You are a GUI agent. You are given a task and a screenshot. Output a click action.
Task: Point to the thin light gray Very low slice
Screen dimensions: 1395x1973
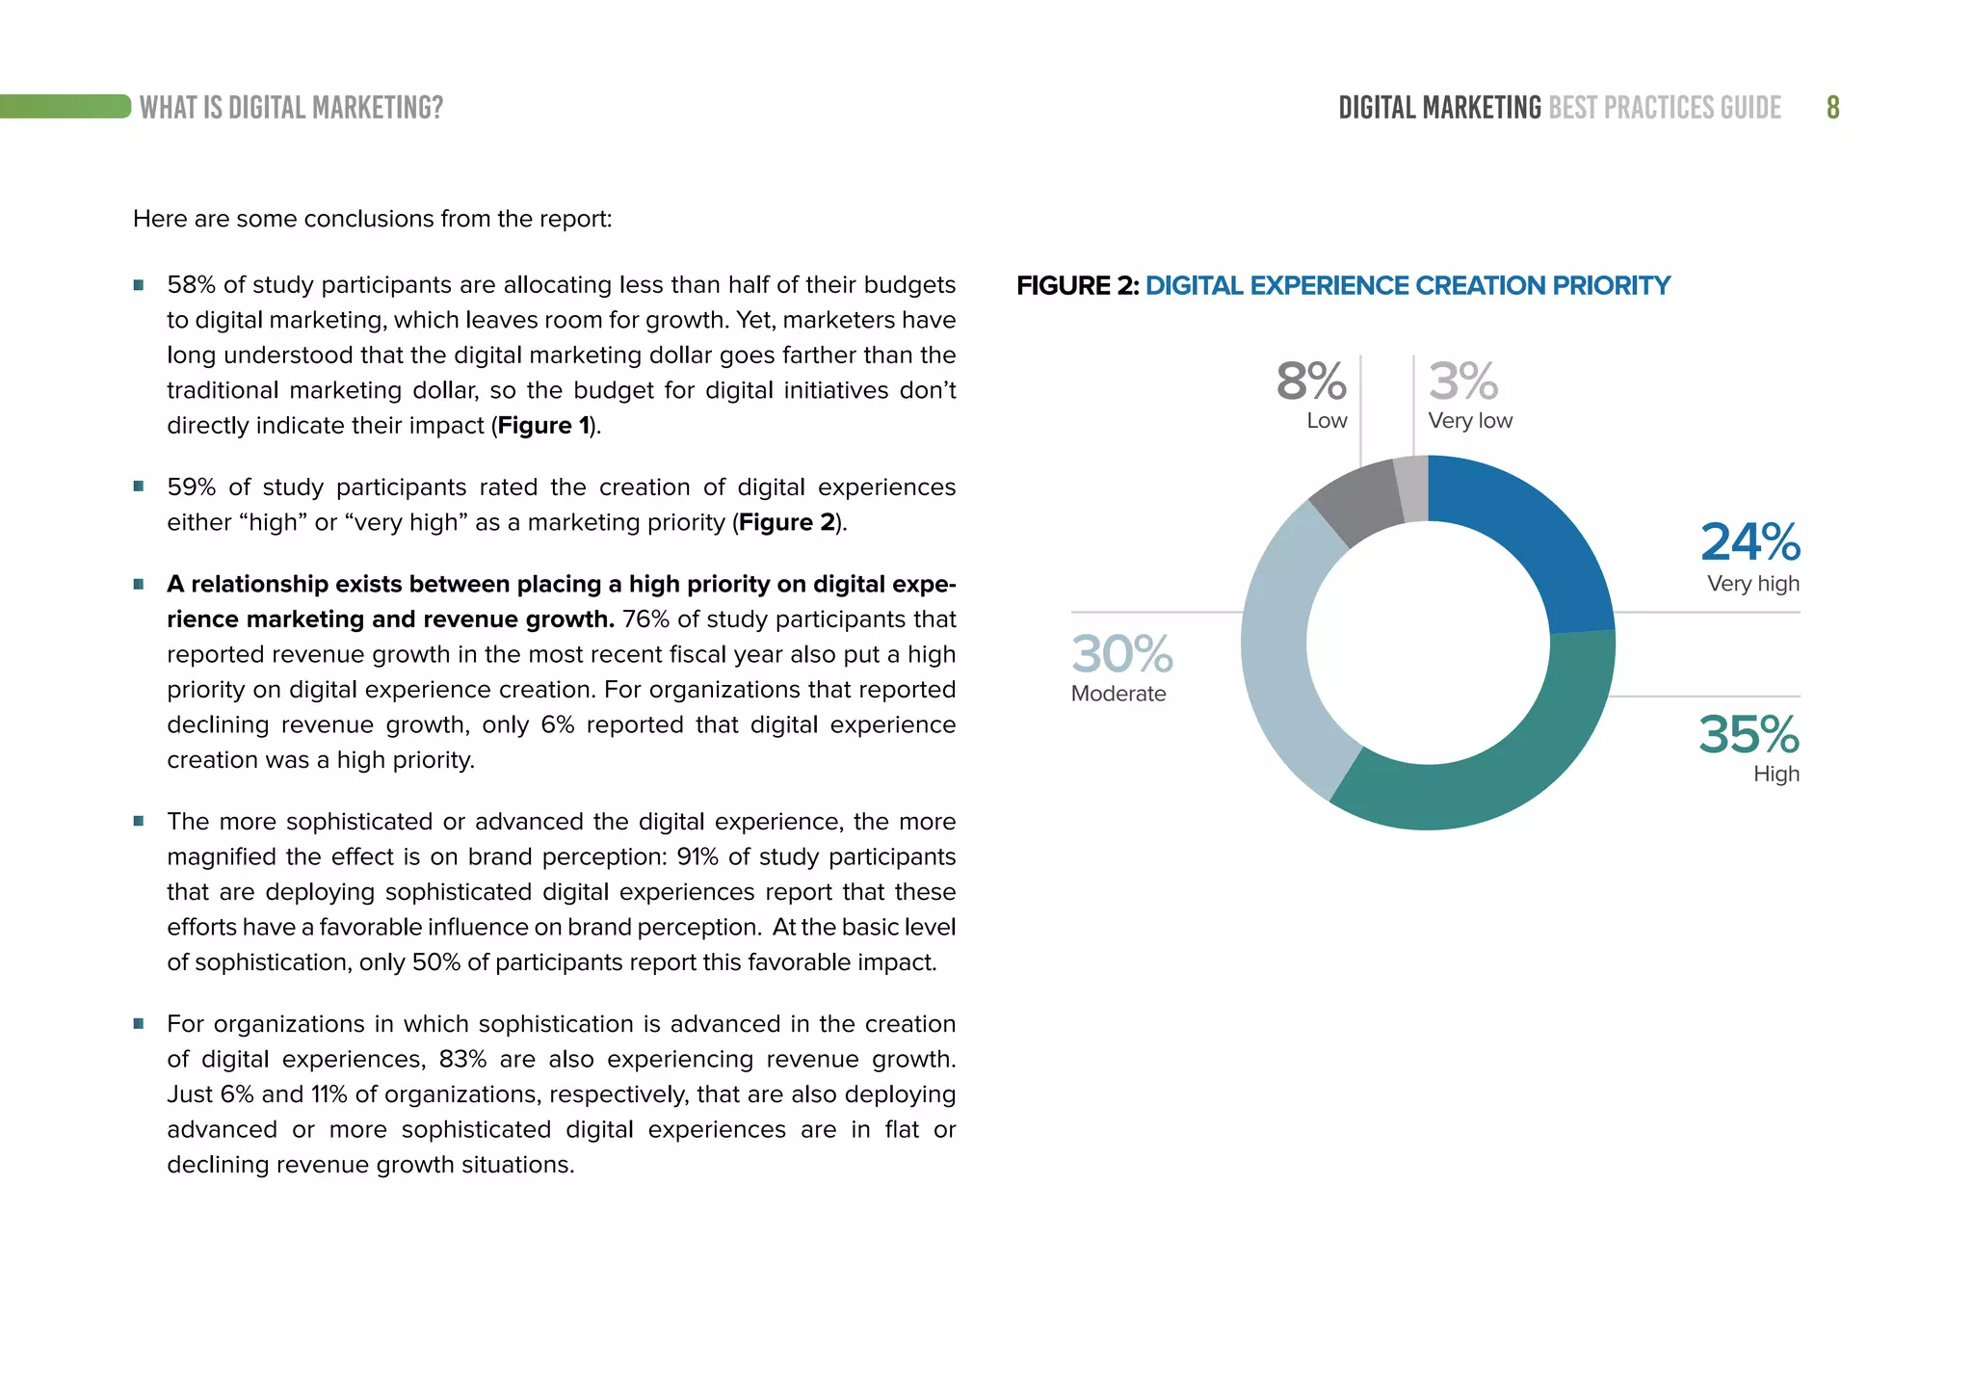(1412, 488)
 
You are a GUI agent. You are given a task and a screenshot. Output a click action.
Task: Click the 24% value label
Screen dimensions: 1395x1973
(1749, 542)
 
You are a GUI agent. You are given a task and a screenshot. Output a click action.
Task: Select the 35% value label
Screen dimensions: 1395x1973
(1749, 735)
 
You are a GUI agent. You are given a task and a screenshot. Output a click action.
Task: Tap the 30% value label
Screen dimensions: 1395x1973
(1122, 654)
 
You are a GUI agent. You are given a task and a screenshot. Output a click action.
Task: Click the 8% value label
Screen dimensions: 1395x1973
(1311, 382)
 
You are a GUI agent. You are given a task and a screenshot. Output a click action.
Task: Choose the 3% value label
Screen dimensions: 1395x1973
(1462, 382)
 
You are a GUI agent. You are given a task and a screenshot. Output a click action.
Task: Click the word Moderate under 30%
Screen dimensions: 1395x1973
(1118, 694)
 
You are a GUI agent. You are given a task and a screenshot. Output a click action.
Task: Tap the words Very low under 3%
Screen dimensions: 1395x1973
(1470, 421)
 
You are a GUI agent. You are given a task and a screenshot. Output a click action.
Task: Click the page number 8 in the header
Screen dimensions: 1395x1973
(1832, 107)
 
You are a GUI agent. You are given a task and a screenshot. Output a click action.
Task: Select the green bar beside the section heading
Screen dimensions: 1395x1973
(66, 106)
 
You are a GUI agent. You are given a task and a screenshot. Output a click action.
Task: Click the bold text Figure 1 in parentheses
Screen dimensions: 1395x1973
(543, 426)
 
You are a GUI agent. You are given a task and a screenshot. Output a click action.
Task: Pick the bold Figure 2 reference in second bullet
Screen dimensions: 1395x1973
(786, 522)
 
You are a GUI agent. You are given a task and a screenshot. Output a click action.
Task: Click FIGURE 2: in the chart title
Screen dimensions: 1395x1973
(1077, 286)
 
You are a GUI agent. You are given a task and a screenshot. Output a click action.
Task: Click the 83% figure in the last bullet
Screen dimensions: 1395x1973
(462, 1059)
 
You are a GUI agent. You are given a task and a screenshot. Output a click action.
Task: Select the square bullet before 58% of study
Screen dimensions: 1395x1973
(139, 285)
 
